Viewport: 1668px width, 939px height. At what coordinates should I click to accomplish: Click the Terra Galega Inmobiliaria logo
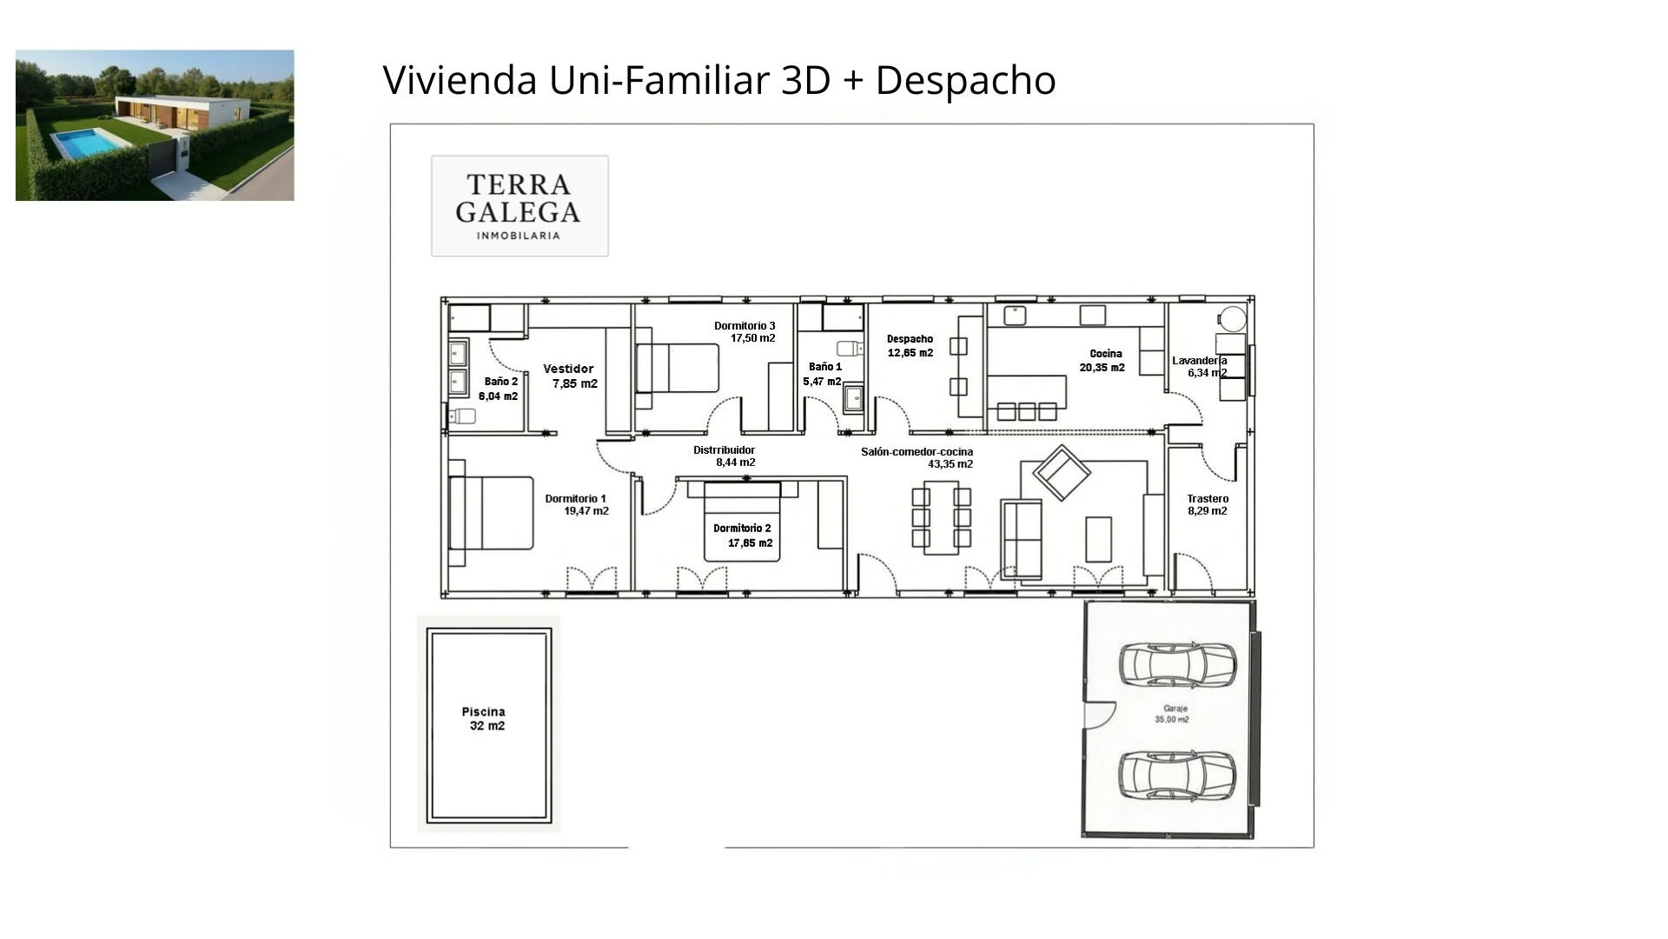[x=520, y=206]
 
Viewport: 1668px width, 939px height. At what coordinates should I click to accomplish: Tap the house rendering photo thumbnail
[x=155, y=125]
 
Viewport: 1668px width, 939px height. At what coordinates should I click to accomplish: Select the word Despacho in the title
[x=965, y=80]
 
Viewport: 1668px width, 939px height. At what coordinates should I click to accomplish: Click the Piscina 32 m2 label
[x=485, y=718]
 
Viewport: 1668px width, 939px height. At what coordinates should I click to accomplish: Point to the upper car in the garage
[x=1176, y=665]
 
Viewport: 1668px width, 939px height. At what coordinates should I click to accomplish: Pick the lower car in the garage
[x=1176, y=775]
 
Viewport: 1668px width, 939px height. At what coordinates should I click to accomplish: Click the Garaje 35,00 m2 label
[x=1173, y=714]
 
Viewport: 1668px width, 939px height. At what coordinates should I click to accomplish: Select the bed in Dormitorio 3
[x=677, y=369]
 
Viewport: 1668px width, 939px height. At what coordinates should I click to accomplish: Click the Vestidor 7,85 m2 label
[x=571, y=376]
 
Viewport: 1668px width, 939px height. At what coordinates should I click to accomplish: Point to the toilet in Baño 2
[x=462, y=416]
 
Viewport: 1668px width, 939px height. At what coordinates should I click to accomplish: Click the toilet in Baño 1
[x=850, y=349]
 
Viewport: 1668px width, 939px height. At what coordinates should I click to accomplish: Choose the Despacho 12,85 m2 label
[x=910, y=346]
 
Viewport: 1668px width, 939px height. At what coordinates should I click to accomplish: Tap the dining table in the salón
[x=940, y=520]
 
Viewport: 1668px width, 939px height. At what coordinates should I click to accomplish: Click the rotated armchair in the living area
[x=1061, y=472]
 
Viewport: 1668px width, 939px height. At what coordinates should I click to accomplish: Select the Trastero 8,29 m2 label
[x=1208, y=504]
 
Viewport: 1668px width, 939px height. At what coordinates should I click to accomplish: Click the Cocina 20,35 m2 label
[x=1103, y=360]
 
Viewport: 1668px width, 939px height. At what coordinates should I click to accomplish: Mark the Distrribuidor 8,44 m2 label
[x=725, y=456]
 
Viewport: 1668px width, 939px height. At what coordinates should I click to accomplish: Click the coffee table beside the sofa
[x=1098, y=539]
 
